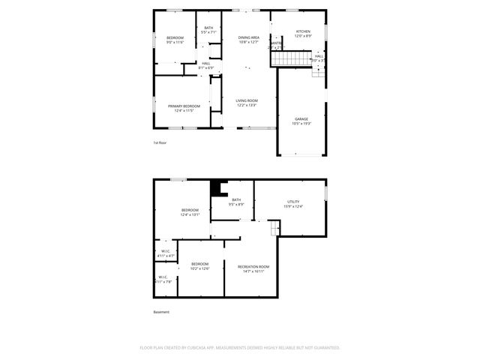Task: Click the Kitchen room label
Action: [x=302, y=31]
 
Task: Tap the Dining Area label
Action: [x=249, y=37]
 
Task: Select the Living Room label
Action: [x=247, y=100]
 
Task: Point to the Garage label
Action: [x=301, y=118]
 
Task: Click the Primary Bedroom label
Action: [x=184, y=106]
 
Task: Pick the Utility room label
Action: [x=293, y=202]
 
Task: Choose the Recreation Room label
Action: [x=253, y=266]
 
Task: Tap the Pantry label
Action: [x=276, y=43]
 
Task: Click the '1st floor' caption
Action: [x=160, y=142]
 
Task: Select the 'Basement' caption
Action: [x=161, y=312]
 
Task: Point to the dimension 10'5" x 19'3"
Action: [x=301, y=124]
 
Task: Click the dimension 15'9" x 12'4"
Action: [x=293, y=206]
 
